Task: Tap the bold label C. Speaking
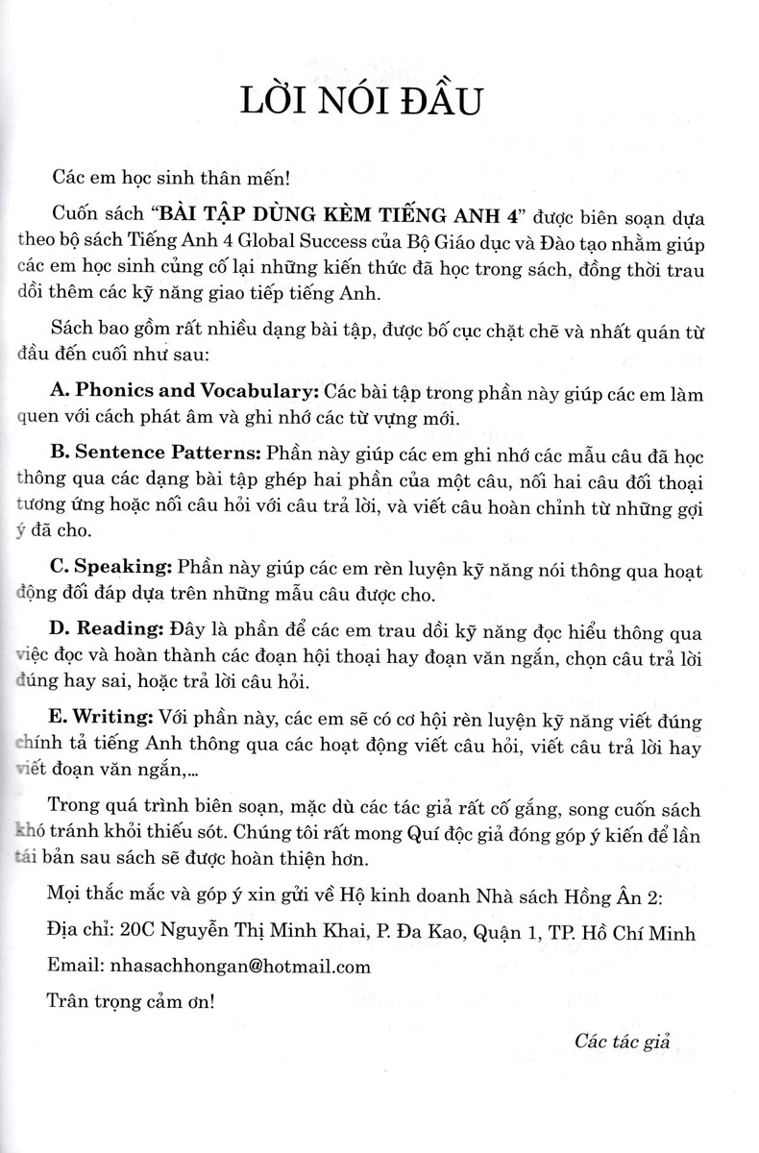click(x=121, y=571)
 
